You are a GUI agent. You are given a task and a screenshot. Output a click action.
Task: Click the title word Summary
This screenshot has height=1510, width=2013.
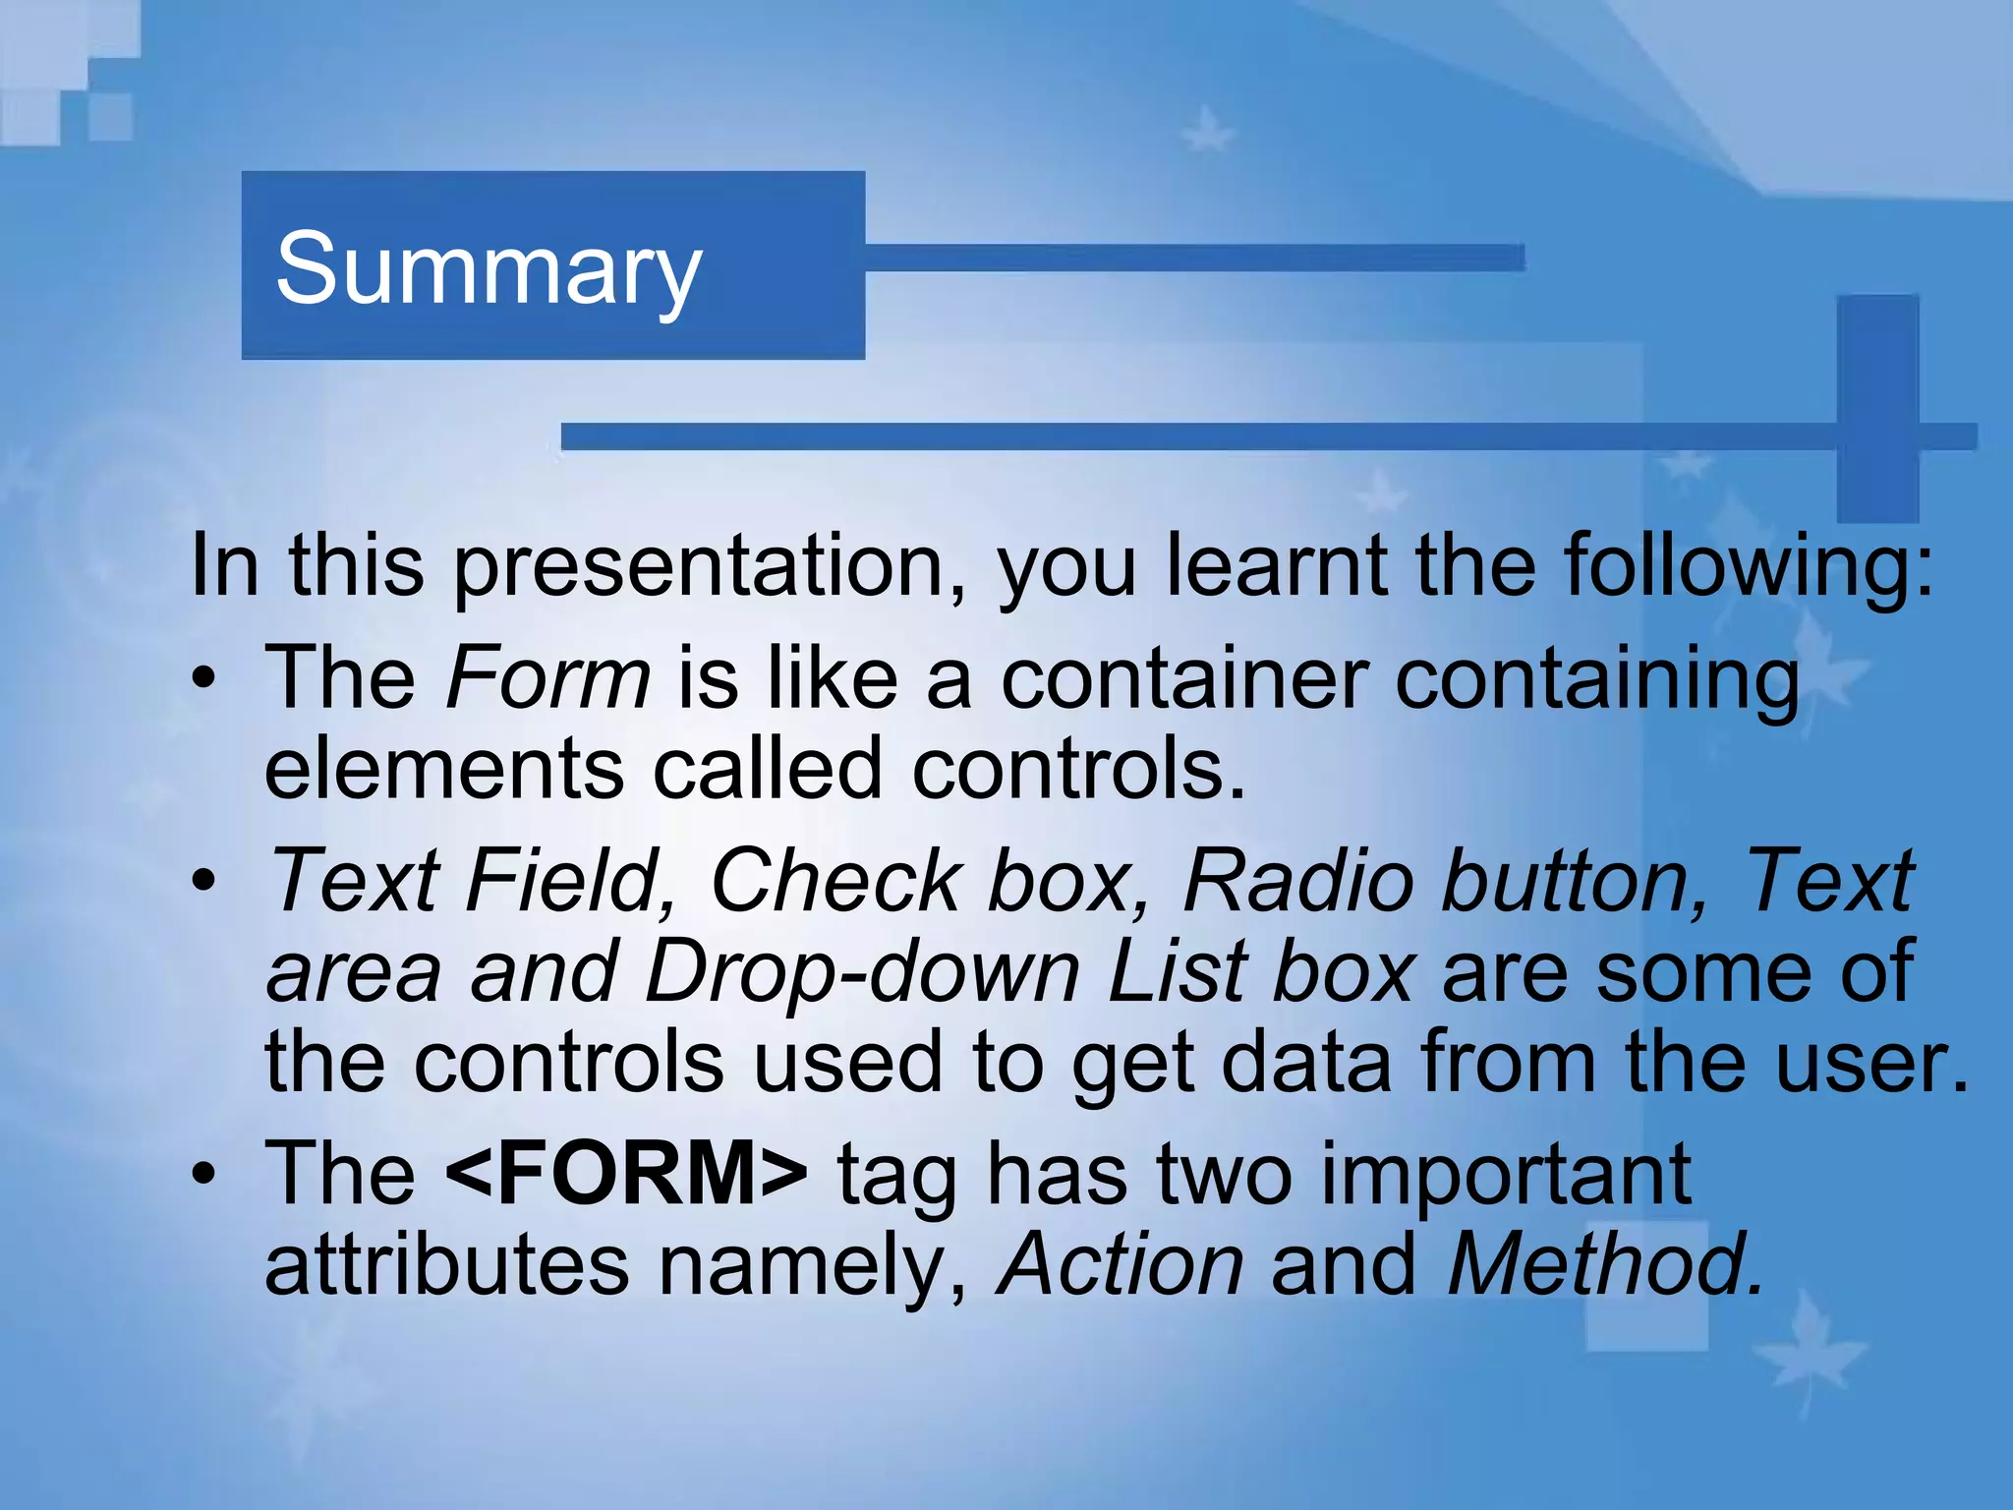tap(489, 268)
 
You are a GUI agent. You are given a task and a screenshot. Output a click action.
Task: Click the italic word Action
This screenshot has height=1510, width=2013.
tap(1121, 1264)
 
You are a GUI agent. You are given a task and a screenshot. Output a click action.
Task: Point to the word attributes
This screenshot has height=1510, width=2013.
tap(447, 1264)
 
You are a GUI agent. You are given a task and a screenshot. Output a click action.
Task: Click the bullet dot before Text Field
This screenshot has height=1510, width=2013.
tap(203, 881)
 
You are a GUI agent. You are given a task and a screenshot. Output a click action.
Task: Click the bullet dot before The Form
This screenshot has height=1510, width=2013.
tap(203, 678)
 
